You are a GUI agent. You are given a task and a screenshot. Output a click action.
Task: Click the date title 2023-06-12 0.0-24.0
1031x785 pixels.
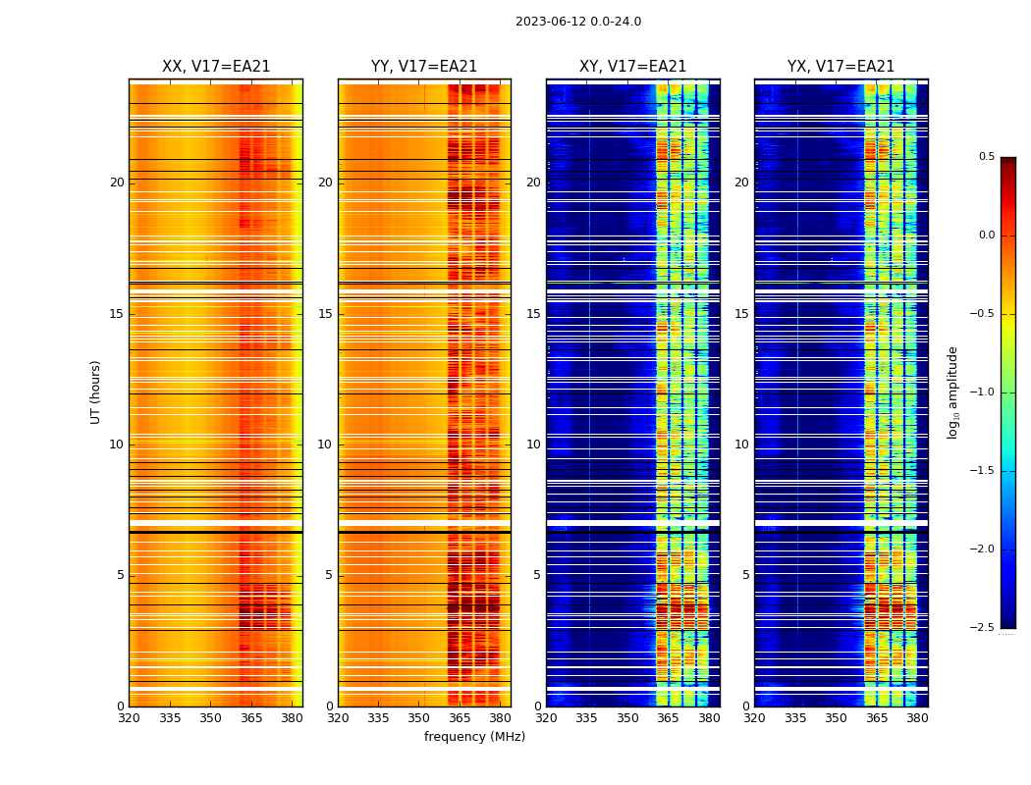tap(577, 22)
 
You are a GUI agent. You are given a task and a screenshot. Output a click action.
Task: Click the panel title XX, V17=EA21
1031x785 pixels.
tap(216, 67)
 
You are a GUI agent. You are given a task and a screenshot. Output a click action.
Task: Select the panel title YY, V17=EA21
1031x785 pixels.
tap(424, 67)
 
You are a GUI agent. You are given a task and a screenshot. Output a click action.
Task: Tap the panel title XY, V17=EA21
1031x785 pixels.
tap(632, 67)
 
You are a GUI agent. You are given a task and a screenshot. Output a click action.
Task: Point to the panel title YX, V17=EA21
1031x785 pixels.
tap(841, 67)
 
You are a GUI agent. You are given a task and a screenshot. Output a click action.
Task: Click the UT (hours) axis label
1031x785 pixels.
tap(96, 392)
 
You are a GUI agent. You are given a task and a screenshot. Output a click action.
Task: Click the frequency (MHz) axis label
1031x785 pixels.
tap(474, 737)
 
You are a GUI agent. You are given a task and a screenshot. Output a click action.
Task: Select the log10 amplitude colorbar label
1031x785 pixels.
tap(952, 392)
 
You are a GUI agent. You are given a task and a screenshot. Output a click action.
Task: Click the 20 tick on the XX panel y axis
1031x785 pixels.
tap(117, 183)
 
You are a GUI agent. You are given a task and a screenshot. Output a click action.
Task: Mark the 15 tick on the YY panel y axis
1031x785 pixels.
tap(325, 314)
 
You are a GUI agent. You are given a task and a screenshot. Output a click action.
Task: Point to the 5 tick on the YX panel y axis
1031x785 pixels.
tap(745, 575)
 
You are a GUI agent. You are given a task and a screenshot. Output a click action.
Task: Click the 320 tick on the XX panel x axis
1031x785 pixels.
tap(129, 717)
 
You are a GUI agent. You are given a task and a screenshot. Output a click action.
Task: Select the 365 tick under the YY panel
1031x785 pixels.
tap(460, 717)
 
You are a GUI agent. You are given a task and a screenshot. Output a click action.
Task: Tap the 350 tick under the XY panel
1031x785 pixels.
tap(627, 717)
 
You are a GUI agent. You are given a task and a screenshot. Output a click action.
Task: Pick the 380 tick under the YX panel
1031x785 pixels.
tap(917, 717)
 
